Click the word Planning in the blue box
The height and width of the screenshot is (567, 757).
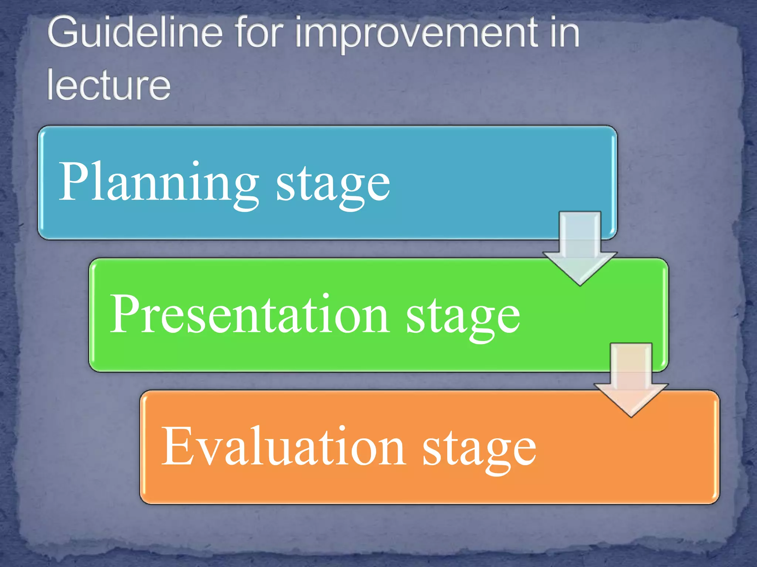click(x=159, y=183)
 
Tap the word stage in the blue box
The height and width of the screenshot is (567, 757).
click(x=333, y=185)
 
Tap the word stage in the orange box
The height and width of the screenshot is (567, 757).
click(x=479, y=449)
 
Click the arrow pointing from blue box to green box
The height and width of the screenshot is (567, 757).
click(x=580, y=245)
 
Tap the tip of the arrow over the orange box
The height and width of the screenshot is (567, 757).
click(x=631, y=415)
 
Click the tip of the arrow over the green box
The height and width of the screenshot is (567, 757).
click(x=580, y=283)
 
